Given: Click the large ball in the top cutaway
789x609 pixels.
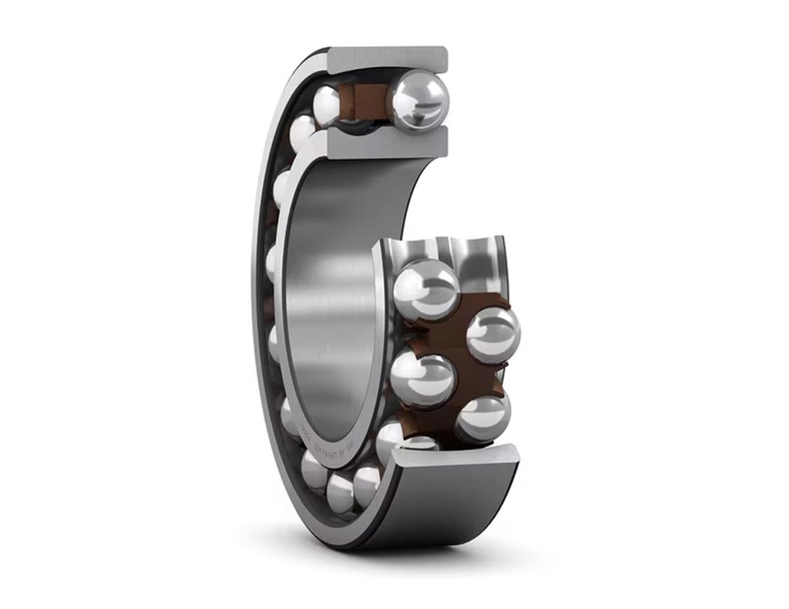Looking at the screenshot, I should pyautogui.click(x=418, y=100).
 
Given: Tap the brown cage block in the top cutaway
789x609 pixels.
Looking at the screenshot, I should pyautogui.click(x=368, y=102).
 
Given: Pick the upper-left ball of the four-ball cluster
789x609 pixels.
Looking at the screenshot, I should pyautogui.click(x=425, y=289).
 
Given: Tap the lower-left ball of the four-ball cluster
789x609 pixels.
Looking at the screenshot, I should pyautogui.click(x=422, y=380).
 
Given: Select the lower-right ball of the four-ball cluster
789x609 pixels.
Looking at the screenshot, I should pyautogui.click(x=482, y=417).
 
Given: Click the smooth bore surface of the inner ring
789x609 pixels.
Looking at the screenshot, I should pyautogui.click(x=331, y=293).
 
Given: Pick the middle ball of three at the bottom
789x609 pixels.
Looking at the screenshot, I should pyautogui.click(x=341, y=493).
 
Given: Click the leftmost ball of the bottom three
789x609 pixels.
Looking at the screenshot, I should pyautogui.click(x=314, y=470).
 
